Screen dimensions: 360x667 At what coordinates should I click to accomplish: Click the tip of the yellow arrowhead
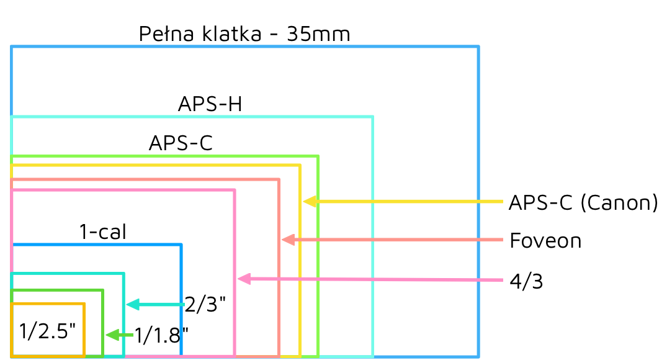point(303,202)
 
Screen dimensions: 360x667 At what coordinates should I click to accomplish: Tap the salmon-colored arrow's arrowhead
point(282,240)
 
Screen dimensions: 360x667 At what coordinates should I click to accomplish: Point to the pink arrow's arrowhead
point(238,279)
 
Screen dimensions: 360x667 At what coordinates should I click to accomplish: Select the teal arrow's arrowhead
point(127,304)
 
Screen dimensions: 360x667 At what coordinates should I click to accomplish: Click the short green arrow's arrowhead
point(106,335)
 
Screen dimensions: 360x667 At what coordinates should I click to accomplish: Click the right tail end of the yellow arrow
point(503,202)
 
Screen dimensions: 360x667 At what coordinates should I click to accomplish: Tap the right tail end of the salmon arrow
point(503,240)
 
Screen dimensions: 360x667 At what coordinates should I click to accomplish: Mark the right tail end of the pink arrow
point(503,280)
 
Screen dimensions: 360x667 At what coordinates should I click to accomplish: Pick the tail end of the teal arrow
point(184,304)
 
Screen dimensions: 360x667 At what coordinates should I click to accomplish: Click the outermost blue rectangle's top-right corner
point(478,47)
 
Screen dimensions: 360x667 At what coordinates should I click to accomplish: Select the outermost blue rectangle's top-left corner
point(11,47)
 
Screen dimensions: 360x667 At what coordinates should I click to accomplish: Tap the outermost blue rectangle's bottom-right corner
point(478,356)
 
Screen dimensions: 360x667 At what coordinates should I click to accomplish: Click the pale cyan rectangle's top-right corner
point(372,117)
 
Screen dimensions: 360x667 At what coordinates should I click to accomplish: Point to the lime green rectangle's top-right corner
point(318,156)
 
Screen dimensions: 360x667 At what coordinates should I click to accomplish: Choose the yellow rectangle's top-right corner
point(300,166)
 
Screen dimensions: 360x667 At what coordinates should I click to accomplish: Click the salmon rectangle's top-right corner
point(279,179)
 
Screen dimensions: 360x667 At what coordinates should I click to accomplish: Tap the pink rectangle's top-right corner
point(235,191)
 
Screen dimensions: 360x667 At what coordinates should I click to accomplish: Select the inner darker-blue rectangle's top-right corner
point(181,245)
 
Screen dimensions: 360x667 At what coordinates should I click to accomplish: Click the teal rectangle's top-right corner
point(123,274)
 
